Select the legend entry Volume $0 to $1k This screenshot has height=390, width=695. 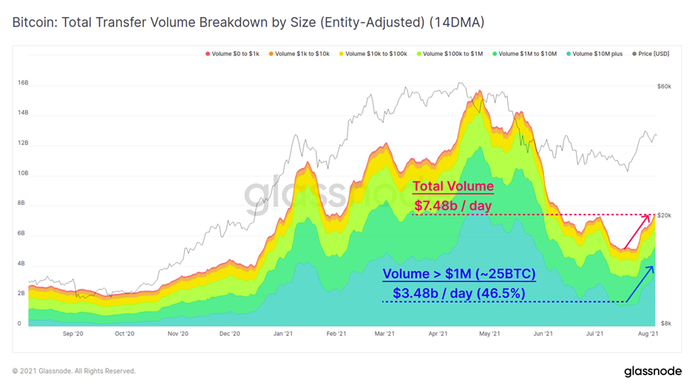(234, 54)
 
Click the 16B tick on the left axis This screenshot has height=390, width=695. (22, 83)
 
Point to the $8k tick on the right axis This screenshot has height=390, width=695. (665, 324)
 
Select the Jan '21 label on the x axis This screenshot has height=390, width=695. (284, 334)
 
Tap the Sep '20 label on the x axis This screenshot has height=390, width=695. (73, 334)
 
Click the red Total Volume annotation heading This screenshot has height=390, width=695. (452, 187)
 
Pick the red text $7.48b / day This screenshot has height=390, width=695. (452, 204)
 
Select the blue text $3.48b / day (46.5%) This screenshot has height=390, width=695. (458, 292)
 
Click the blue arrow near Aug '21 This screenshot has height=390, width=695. (640, 284)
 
